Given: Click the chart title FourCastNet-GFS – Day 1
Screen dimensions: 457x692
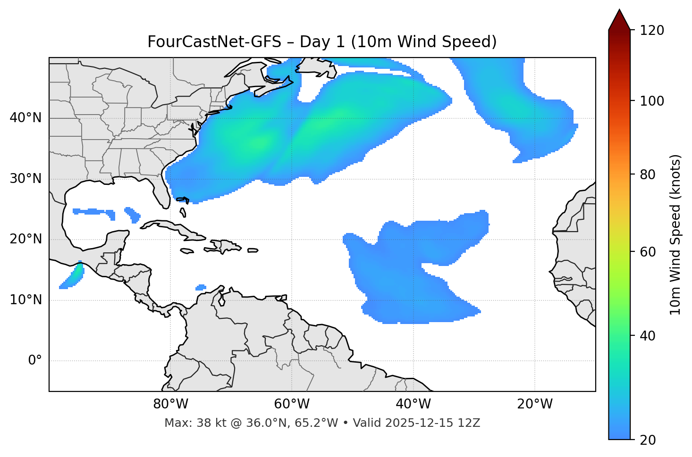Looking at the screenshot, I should [321, 42].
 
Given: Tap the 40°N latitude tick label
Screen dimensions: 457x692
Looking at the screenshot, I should [25, 118].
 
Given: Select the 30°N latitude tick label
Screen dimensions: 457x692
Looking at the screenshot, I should [25, 179].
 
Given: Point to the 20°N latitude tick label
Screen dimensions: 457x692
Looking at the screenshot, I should [25, 239].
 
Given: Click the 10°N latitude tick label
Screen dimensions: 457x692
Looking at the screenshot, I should [25, 300].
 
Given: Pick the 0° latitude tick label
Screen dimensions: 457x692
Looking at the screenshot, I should [35, 361].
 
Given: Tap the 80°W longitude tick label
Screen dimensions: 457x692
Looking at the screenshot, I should [170, 404].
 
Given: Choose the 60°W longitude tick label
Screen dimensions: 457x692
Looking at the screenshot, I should [292, 404].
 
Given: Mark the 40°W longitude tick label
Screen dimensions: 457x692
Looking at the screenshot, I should [413, 404].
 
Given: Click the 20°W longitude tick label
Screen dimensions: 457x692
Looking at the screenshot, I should [534, 404].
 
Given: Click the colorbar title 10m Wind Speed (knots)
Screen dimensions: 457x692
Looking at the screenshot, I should [675, 234].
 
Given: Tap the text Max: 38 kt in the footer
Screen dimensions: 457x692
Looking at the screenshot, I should [185, 423].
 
